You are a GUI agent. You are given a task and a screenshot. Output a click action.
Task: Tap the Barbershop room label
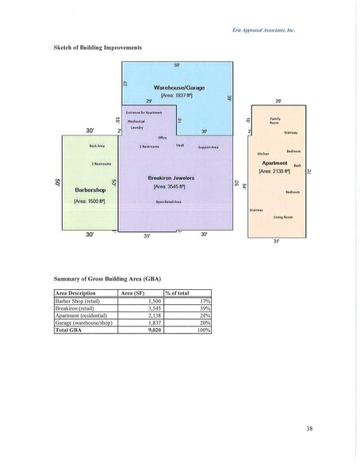coord(90,190)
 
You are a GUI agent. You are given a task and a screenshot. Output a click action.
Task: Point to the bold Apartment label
coord(274,162)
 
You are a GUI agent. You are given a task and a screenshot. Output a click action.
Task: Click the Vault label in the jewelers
coord(181,145)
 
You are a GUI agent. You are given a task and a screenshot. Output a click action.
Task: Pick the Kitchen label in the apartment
coord(264,153)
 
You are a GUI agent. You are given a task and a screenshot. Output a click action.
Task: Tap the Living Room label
coord(284,215)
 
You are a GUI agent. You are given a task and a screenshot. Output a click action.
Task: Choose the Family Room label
coord(275,121)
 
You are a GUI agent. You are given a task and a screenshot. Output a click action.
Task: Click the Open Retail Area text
coord(169,203)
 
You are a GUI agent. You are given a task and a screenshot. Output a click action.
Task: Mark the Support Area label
coord(209,147)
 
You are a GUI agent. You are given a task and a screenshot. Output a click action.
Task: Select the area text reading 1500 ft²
coord(90,201)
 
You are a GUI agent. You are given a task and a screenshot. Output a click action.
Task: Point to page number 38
coord(309,429)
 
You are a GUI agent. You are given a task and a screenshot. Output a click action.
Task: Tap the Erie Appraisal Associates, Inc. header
coord(265,30)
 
